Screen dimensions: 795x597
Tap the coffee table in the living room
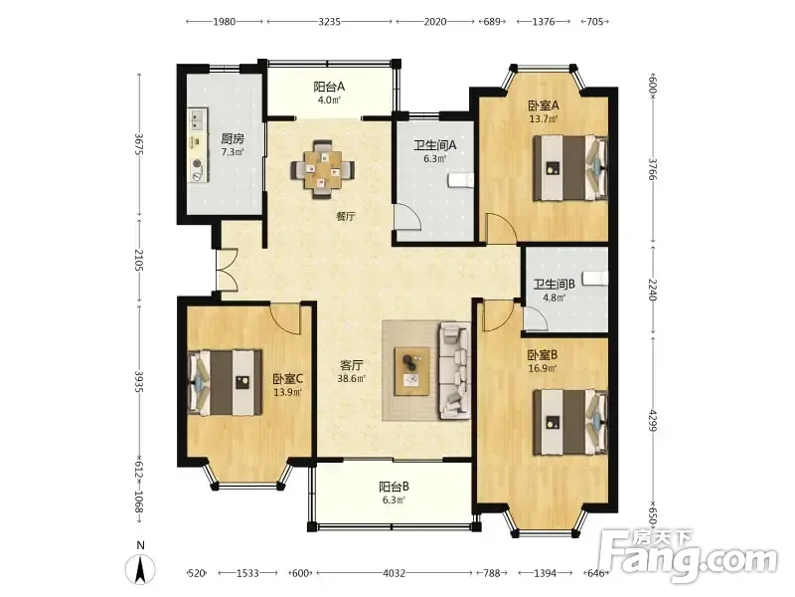412,371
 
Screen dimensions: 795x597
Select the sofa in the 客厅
454,371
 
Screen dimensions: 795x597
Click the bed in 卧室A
570,168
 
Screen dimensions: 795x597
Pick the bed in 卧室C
226,382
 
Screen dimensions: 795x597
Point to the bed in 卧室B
570,422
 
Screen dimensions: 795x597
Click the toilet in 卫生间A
461,181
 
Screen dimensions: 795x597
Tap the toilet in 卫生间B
594,279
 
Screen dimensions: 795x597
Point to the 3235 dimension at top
330,21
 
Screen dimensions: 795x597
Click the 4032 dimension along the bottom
394,573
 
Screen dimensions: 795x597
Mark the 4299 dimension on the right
653,421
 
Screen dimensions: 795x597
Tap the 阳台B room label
394,487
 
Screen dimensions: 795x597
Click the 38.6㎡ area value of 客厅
352,378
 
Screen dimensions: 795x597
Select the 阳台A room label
329,87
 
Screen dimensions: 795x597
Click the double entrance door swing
227,270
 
